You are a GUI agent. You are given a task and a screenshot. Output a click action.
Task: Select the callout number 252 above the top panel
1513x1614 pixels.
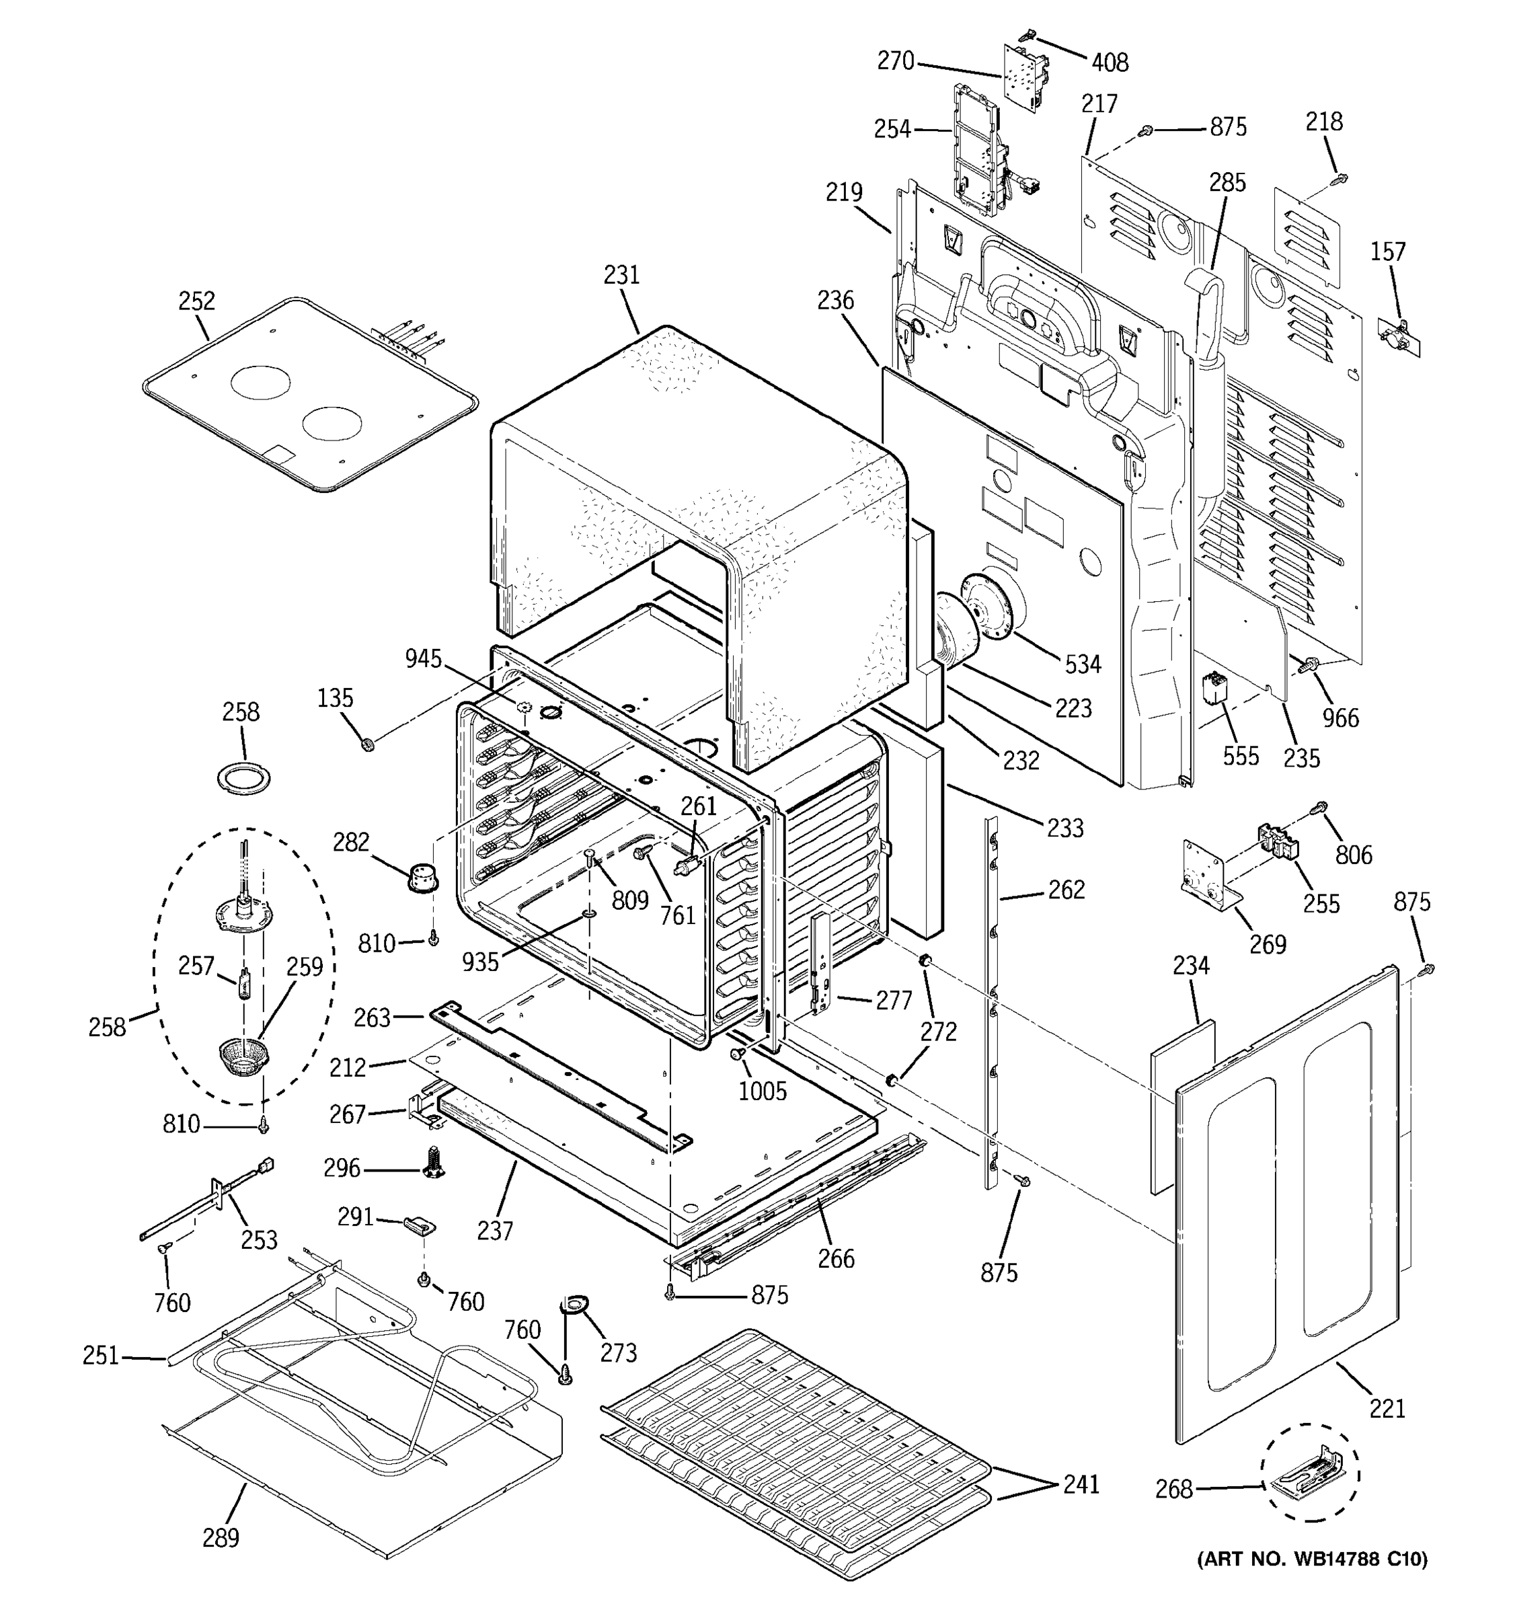coord(196,301)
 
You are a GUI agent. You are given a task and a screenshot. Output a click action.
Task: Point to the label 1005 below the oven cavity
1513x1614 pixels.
coord(762,1091)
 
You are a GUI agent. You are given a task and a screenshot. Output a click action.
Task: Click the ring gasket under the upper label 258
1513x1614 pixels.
coord(243,779)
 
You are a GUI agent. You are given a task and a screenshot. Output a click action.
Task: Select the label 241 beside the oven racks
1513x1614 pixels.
coord(1081,1484)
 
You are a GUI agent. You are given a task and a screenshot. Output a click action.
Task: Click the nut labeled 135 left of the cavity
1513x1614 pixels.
coord(367,744)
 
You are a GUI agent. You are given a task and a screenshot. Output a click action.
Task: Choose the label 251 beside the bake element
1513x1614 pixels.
coord(101,1355)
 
